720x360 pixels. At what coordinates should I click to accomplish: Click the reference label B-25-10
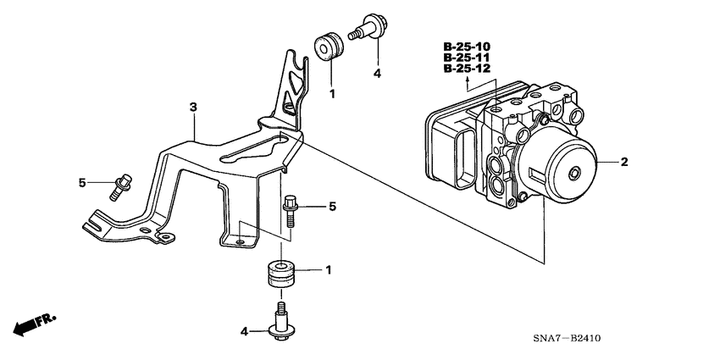pyautogui.click(x=466, y=46)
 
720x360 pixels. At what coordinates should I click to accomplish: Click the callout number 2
pyautogui.click(x=624, y=160)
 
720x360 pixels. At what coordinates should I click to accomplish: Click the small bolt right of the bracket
pyautogui.click(x=289, y=210)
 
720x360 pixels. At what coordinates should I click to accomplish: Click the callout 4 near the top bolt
pyautogui.click(x=378, y=74)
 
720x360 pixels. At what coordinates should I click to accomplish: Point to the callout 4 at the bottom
pyautogui.click(x=245, y=331)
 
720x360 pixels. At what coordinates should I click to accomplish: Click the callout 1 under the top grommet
pyautogui.click(x=332, y=93)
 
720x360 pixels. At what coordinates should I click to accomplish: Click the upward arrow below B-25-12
pyautogui.click(x=467, y=83)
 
